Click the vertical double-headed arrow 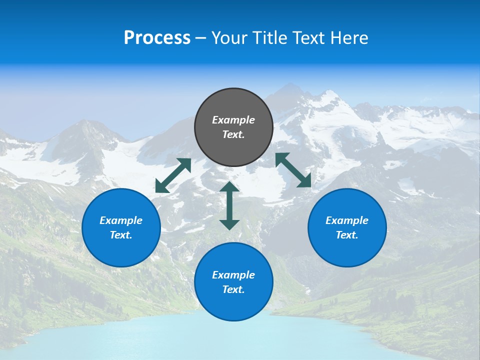tap(229, 205)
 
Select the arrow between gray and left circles tap(173, 175)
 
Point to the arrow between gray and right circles tap(293, 170)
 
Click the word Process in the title tap(157, 37)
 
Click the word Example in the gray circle tap(233, 120)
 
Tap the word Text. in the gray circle tap(233, 134)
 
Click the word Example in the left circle tap(121, 220)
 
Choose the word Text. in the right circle tap(347, 235)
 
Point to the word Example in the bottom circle tap(233, 275)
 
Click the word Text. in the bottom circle tap(233, 289)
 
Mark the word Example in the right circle tap(347, 220)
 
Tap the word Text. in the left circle tap(121, 235)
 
